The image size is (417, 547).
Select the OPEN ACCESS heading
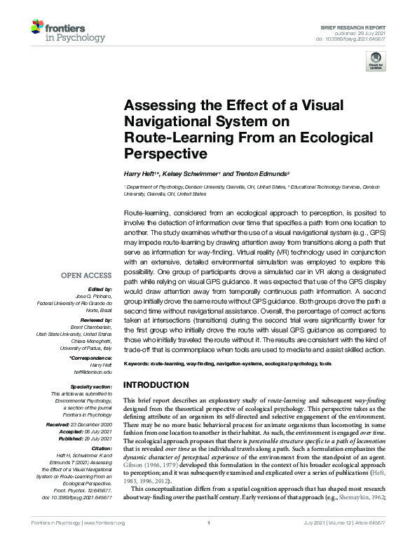[86, 276]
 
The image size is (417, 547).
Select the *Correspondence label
[90, 358]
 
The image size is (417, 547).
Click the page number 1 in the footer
[209, 542]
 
